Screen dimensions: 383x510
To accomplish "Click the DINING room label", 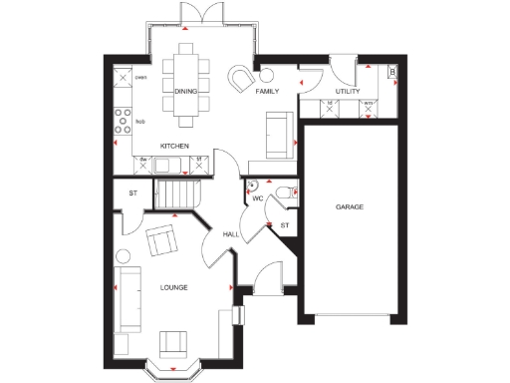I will [x=185, y=91].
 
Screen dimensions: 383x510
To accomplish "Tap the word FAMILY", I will [x=266, y=91].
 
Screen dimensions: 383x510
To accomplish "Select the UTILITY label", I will [x=347, y=91].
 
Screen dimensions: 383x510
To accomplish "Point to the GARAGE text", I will [x=349, y=206].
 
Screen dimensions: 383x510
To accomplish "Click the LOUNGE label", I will [x=173, y=287].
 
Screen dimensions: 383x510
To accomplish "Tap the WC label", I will [x=256, y=198].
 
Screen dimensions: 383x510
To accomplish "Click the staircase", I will [x=180, y=191].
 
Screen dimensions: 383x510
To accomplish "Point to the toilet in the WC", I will [x=285, y=193].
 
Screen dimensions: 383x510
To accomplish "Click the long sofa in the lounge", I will [x=127, y=297].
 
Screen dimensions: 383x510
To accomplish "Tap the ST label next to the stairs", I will [x=132, y=193].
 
